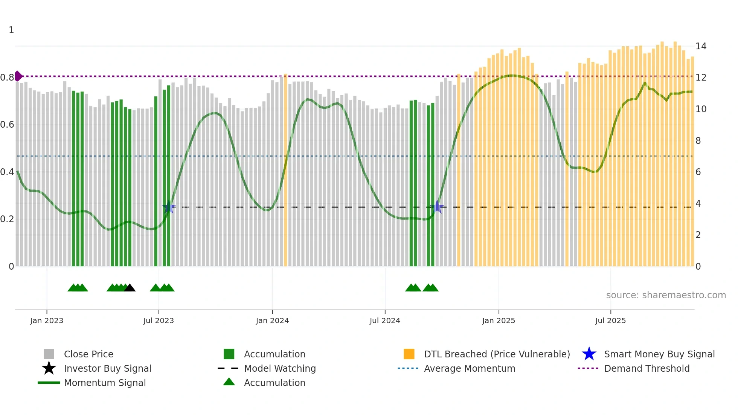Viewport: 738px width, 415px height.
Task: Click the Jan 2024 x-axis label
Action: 272,320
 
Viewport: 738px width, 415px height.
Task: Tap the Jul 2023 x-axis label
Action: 159,320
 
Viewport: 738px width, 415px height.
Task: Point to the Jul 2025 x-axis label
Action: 610,320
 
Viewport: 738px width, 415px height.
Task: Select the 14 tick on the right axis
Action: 701,46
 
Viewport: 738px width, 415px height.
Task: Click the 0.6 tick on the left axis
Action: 7,125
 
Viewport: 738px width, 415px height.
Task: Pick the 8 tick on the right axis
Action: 698,141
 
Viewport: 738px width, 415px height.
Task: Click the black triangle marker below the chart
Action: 130,288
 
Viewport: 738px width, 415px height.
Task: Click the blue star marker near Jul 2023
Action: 168,207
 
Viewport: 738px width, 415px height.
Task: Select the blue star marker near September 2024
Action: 437,207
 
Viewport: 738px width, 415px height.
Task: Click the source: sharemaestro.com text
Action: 666,295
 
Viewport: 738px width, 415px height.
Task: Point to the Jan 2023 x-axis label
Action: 47,320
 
